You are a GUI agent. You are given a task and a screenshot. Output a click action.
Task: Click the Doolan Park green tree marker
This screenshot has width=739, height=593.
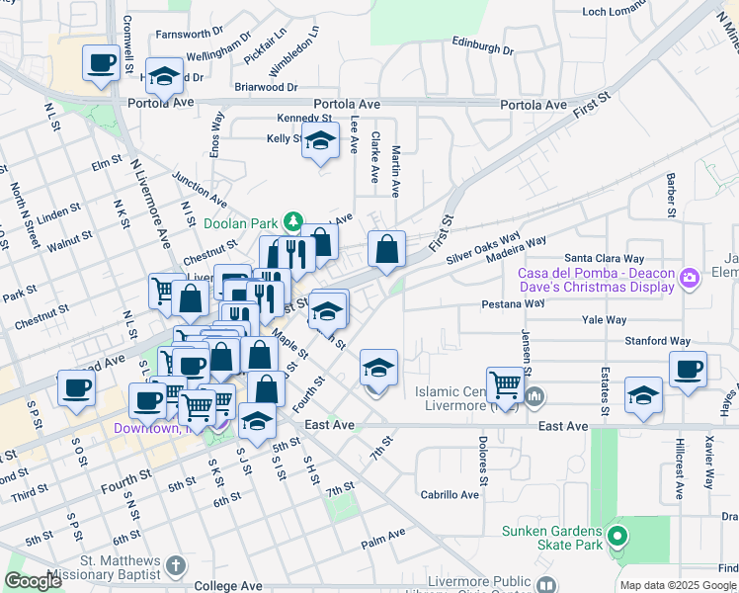click(x=293, y=219)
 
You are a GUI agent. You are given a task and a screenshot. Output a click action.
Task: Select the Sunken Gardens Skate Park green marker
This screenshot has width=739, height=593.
click(x=618, y=538)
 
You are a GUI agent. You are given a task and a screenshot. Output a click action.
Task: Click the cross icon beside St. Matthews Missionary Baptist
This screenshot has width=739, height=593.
click(x=175, y=566)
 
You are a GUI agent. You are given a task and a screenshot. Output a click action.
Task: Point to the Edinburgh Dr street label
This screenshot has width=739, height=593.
click(x=483, y=48)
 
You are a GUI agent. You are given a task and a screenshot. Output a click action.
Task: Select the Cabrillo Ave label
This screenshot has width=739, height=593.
click(x=450, y=494)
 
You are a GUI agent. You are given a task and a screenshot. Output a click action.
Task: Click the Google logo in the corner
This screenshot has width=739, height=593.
click(x=34, y=581)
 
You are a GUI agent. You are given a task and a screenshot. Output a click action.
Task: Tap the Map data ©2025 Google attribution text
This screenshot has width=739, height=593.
click(x=679, y=585)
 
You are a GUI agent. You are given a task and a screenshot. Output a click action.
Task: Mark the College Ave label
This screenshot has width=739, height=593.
click(x=229, y=585)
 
